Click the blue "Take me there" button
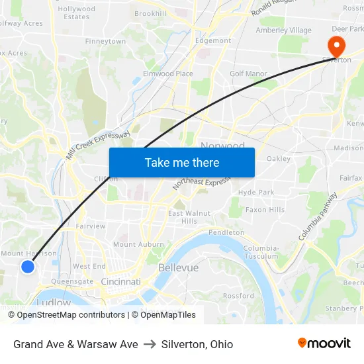pyautogui.click(x=182, y=163)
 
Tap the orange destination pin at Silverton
pyautogui.click(x=336, y=46)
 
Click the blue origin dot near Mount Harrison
pyautogui.click(x=27, y=267)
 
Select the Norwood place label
pyautogui.click(x=222, y=145)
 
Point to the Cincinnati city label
pyautogui.click(x=121, y=282)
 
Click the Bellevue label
pyautogui.click(x=178, y=267)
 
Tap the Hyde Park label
pyautogui.click(x=256, y=192)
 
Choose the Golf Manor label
pyautogui.click(x=248, y=74)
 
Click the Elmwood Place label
pyautogui.click(x=168, y=73)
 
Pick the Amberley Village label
pyautogui.click(x=283, y=30)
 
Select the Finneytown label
pyautogui.click(x=105, y=41)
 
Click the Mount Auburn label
pyautogui.click(x=138, y=244)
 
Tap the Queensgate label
pyautogui.click(x=72, y=281)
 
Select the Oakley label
pyautogui.click(x=279, y=159)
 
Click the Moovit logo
pyautogui.click(x=324, y=343)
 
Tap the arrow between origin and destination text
pyautogui.click(x=150, y=344)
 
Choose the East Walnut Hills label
pyautogui.click(x=189, y=216)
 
